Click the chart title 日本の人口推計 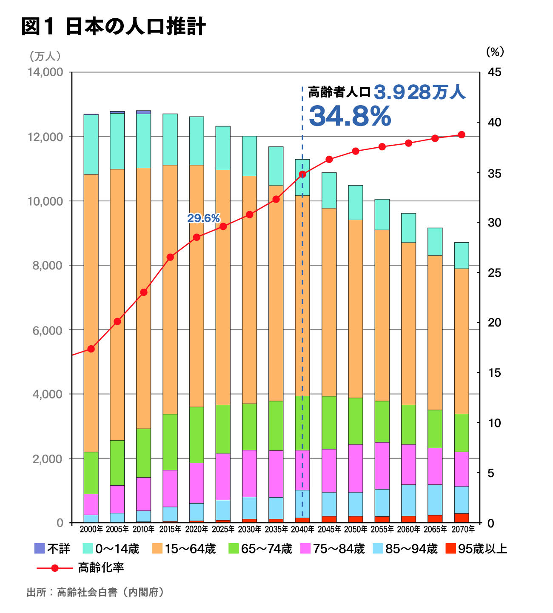(135, 26)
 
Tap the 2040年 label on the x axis (302, 529)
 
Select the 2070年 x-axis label (462, 529)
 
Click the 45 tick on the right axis (494, 72)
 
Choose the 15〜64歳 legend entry (184, 549)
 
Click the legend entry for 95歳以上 (476, 549)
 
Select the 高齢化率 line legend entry (81, 567)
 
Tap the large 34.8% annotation (350, 116)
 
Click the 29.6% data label (203, 218)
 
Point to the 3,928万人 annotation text (419, 92)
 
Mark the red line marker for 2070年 (462, 135)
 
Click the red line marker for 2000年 (91, 349)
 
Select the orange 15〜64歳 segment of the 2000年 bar (91, 313)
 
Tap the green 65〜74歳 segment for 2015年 (170, 442)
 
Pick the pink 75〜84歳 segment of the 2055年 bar (382, 466)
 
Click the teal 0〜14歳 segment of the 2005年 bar (117, 141)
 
